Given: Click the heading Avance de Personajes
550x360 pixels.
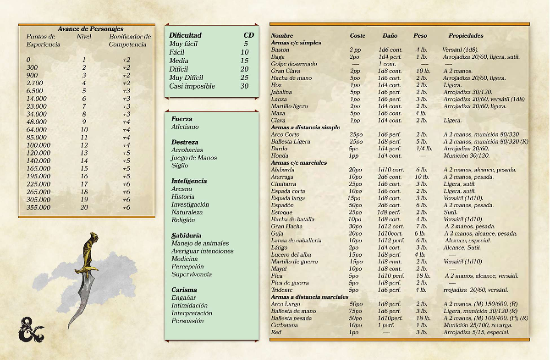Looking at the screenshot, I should coord(90,29).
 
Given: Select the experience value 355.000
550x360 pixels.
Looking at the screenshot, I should coord(38,208).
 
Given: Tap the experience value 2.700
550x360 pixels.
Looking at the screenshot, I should coord(36,83).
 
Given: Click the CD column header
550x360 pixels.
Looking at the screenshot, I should coord(248,35).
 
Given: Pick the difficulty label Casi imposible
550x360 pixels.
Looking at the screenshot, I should coord(192,86).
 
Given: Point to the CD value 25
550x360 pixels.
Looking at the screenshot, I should coord(244,78).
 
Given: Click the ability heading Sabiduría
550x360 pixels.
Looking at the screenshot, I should coord(186,235).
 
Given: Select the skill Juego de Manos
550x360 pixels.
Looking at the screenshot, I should coord(194,158).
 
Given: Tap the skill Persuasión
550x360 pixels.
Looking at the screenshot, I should coord(187,321).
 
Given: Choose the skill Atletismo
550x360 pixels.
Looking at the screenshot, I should coord(185,127).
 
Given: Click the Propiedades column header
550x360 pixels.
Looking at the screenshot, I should coord(466,36).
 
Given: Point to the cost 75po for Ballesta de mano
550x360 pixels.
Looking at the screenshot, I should coord(355,311).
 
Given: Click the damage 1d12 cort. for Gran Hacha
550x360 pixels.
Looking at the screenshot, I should coord(391,227).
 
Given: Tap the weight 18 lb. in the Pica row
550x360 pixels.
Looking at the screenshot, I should coord(423,276).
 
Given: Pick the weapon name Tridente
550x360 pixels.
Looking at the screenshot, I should coord(281,290).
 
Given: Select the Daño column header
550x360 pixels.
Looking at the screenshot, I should coord(390,36).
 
